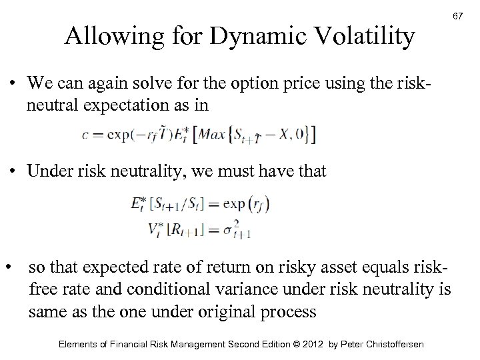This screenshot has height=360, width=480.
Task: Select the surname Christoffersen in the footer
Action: (387, 344)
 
